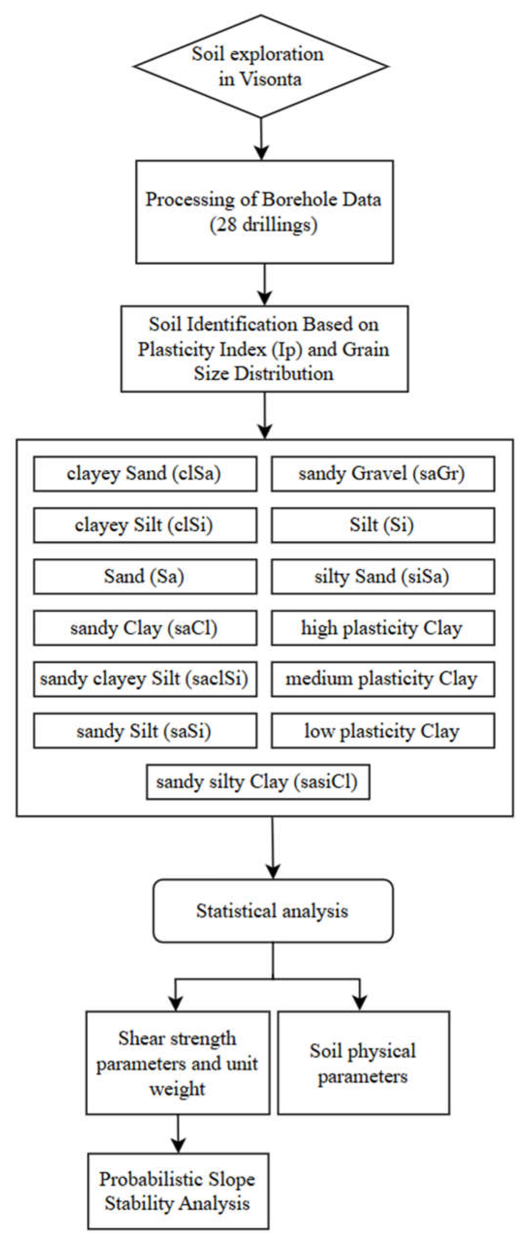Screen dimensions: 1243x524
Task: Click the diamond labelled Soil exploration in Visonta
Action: point(261,67)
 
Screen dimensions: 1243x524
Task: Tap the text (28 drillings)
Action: point(263,225)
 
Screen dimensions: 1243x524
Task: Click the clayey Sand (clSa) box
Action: point(145,474)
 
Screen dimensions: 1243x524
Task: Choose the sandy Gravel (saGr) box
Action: point(383,474)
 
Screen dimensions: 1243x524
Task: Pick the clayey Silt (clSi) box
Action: point(145,525)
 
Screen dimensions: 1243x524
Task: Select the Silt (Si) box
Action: point(383,525)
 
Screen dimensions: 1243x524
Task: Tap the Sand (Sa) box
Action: point(145,577)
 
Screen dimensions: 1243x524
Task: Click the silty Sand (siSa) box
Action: point(383,577)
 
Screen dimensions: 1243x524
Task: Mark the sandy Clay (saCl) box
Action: point(145,628)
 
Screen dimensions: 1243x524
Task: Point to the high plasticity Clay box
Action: point(383,628)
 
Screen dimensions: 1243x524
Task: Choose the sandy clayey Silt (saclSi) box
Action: point(145,679)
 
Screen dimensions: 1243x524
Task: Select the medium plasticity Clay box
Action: point(383,679)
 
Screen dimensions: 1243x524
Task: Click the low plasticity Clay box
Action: point(383,731)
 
